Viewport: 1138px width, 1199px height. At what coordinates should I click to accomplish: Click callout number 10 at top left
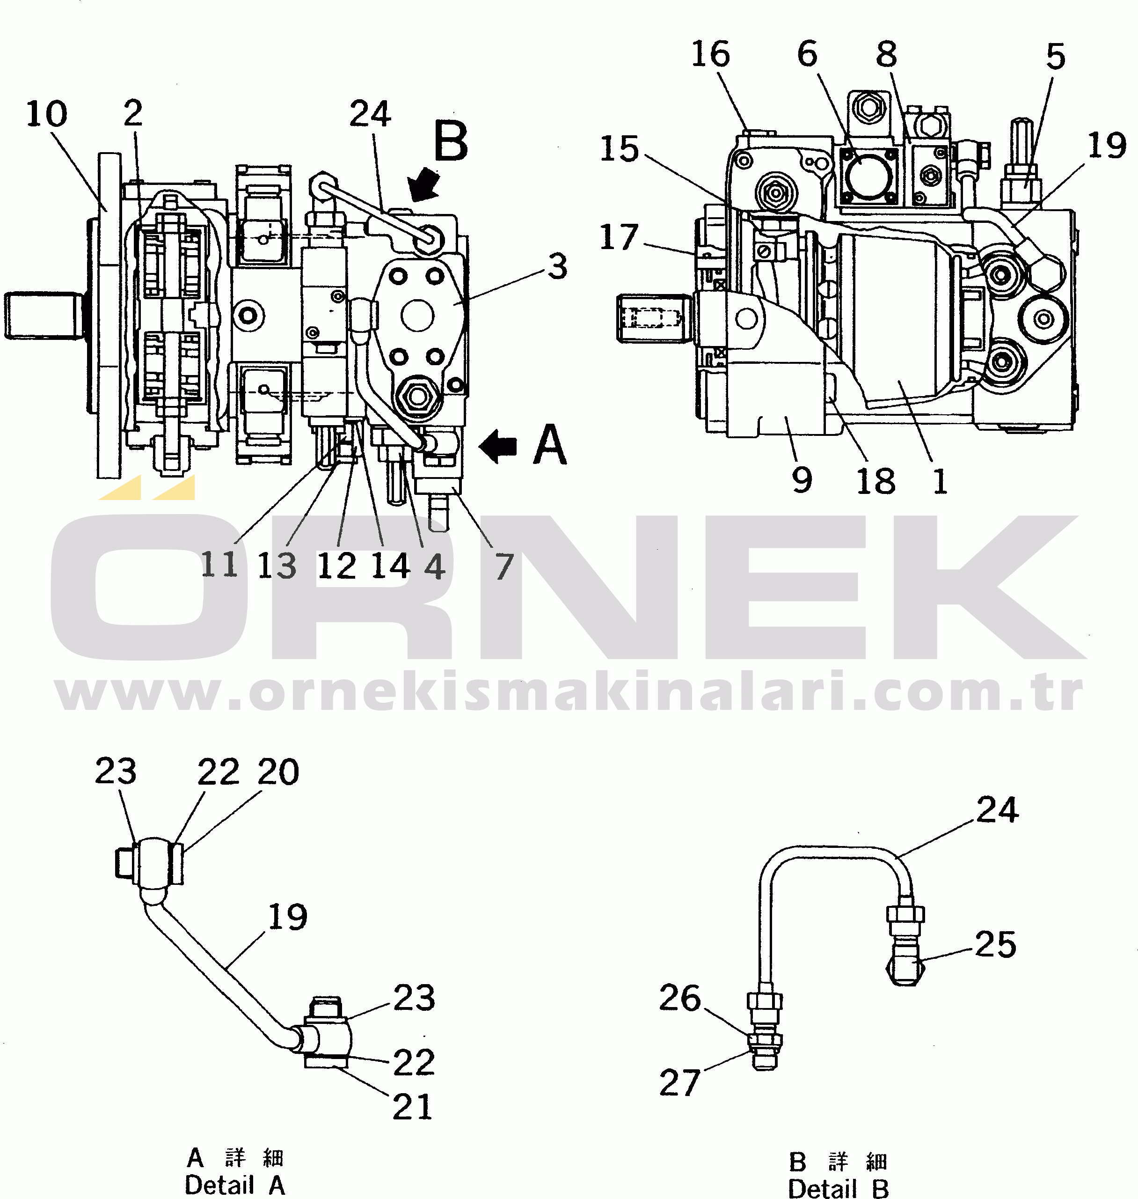[x=46, y=114]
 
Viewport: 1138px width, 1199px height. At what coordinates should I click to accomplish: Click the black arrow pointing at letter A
[x=498, y=447]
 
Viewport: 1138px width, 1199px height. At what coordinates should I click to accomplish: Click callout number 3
[x=557, y=267]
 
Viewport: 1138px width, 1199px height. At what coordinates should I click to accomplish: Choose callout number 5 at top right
[x=1056, y=57]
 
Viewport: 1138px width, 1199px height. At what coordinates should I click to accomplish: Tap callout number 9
[x=802, y=480]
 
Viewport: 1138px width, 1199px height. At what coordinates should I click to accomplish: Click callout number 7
[x=504, y=567]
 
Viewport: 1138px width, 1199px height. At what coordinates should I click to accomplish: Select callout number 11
[x=219, y=565]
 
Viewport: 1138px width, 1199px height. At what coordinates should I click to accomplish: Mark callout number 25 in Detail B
[x=995, y=945]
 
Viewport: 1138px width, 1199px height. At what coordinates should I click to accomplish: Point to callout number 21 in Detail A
[x=413, y=1107]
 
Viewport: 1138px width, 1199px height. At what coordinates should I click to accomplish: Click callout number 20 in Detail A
[x=278, y=772]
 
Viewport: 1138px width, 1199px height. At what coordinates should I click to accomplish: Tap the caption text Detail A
[x=235, y=1185]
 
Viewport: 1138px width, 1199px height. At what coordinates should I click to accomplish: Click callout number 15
[x=620, y=149]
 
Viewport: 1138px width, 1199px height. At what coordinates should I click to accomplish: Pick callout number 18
[x=875, y=481]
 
